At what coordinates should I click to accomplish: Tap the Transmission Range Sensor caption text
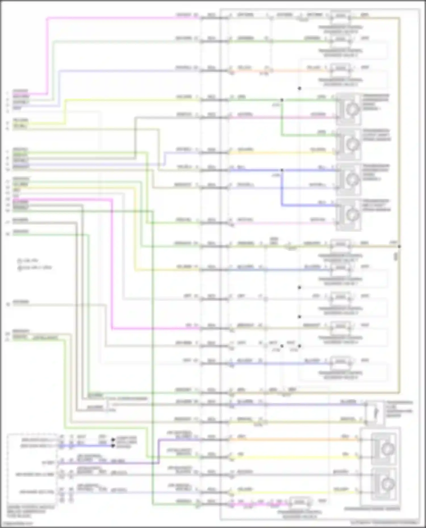pyautogui.click(x=372, y=509)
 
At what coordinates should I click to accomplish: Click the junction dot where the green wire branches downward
pyautogui.click(x=282, y=100)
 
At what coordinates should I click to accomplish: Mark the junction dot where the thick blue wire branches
pyautogui.click(x=282, y=170)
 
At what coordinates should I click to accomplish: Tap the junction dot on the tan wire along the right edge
pyautogui.click(x=399, y=246)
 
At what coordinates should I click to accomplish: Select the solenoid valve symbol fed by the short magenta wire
pyautogui.click(x=300, y=502)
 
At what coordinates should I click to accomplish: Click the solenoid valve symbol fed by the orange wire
pyautogui.click(x=341, y=69)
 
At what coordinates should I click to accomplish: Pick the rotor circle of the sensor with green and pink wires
pyautogui.click(x=353, y=109)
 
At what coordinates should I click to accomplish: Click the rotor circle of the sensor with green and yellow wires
pyautogui.click(x=353, y=144)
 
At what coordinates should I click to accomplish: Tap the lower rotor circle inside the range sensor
pyautogui.click(x=386, y=483)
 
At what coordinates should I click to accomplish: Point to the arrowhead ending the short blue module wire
pyautogui.click(x=113, y=446)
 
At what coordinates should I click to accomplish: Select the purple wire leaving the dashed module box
pyautogui.click(x=108, y=463)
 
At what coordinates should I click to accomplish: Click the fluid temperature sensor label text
pyautogui.click(x=399, y=409)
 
